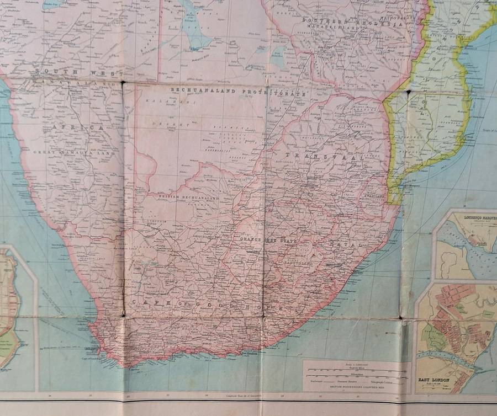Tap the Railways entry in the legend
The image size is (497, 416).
point(317,381)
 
